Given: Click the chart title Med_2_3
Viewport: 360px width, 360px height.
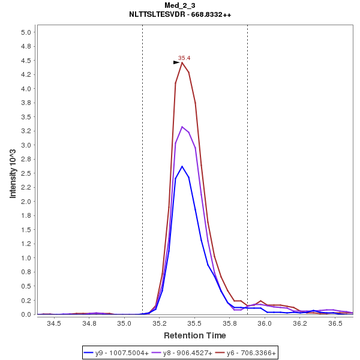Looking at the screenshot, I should point(179,5).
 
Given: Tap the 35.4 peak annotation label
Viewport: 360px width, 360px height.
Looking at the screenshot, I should point(184,58).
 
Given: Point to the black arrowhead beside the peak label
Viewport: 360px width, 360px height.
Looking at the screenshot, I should point(176,62).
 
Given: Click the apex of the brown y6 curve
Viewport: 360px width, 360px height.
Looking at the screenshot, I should point(182,62).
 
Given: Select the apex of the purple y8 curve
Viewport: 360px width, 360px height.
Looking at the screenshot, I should point(182,127).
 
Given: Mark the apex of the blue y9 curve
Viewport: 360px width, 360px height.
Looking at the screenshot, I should point(182,166).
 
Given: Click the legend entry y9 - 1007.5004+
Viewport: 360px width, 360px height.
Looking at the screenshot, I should point(122,353).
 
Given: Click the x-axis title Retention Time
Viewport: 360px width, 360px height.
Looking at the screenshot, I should point(195,335).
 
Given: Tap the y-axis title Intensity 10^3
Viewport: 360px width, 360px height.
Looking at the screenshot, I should point(13,173).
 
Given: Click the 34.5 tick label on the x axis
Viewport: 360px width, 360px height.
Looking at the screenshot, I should point(55,323).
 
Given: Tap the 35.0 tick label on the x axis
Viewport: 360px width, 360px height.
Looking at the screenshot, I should point(125,323).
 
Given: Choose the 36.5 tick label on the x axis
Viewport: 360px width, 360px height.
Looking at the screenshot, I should point(335,323).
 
